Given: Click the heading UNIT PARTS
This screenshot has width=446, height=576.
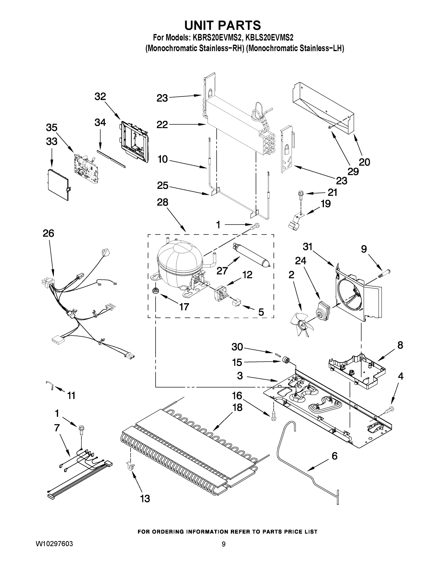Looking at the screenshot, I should pos(222,26).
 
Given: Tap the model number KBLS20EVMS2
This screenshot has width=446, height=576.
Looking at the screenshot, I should pos(269,38).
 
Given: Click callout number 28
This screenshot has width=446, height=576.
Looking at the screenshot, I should pos(163,202).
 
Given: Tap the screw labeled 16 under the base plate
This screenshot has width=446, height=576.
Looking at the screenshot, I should pos(273,417).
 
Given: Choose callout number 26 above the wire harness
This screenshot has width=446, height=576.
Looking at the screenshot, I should pos(49,234).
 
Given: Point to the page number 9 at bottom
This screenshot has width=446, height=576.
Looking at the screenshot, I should pos(224,544).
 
